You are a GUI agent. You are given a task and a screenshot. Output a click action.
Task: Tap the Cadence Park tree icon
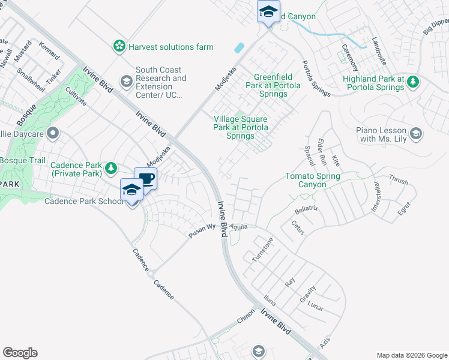coord(110,169)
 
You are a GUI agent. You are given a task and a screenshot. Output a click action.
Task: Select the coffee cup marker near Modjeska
coord(145,179)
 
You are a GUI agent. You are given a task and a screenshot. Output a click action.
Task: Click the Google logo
coord(20,353)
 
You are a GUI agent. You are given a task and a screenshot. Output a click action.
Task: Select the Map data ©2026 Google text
coord(411,355)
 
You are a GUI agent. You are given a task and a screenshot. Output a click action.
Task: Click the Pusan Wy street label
coord(202,232)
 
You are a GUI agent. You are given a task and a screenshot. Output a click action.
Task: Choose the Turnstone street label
coord(262,249)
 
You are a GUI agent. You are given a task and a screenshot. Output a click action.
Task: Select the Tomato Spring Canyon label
coord(312,180)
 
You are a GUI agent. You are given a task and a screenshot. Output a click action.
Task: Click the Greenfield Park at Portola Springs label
coord(273,85)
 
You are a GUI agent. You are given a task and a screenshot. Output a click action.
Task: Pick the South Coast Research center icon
coord(127,80)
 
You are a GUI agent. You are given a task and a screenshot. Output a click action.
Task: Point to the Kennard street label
coord(49,50)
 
